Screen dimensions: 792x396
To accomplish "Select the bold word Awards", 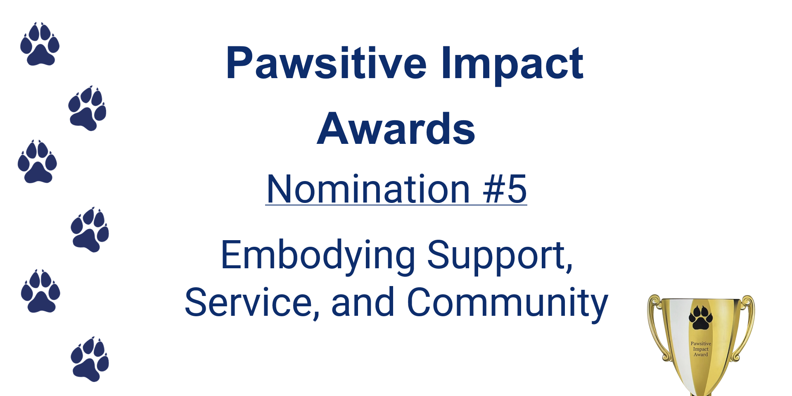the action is [396, 129].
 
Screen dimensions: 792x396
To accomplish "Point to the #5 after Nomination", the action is [505, 189].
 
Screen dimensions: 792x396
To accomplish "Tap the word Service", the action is [249, 303].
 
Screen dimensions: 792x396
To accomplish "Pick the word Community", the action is [507, 304].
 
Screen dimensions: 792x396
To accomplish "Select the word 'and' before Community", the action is [363, 303].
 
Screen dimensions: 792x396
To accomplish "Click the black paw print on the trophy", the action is [700, 317].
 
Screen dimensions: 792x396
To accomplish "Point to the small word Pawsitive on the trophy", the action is [701, 344].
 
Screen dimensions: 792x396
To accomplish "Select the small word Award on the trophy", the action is [701, 354].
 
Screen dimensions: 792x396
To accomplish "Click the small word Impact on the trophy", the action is [701, 349].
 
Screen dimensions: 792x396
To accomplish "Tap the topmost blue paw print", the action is [40, 44].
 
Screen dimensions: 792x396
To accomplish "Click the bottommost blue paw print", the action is [90, 359].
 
